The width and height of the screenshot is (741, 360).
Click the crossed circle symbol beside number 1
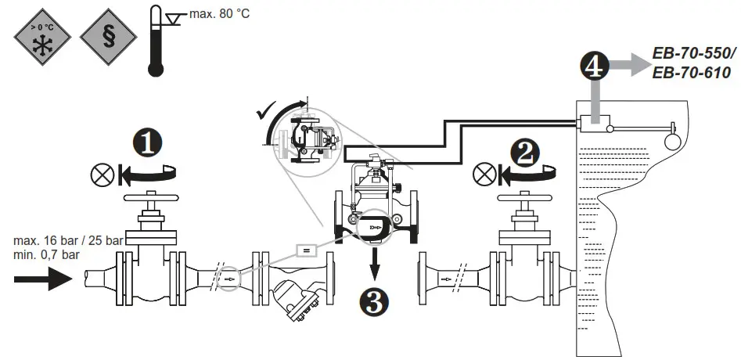[103, 173]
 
